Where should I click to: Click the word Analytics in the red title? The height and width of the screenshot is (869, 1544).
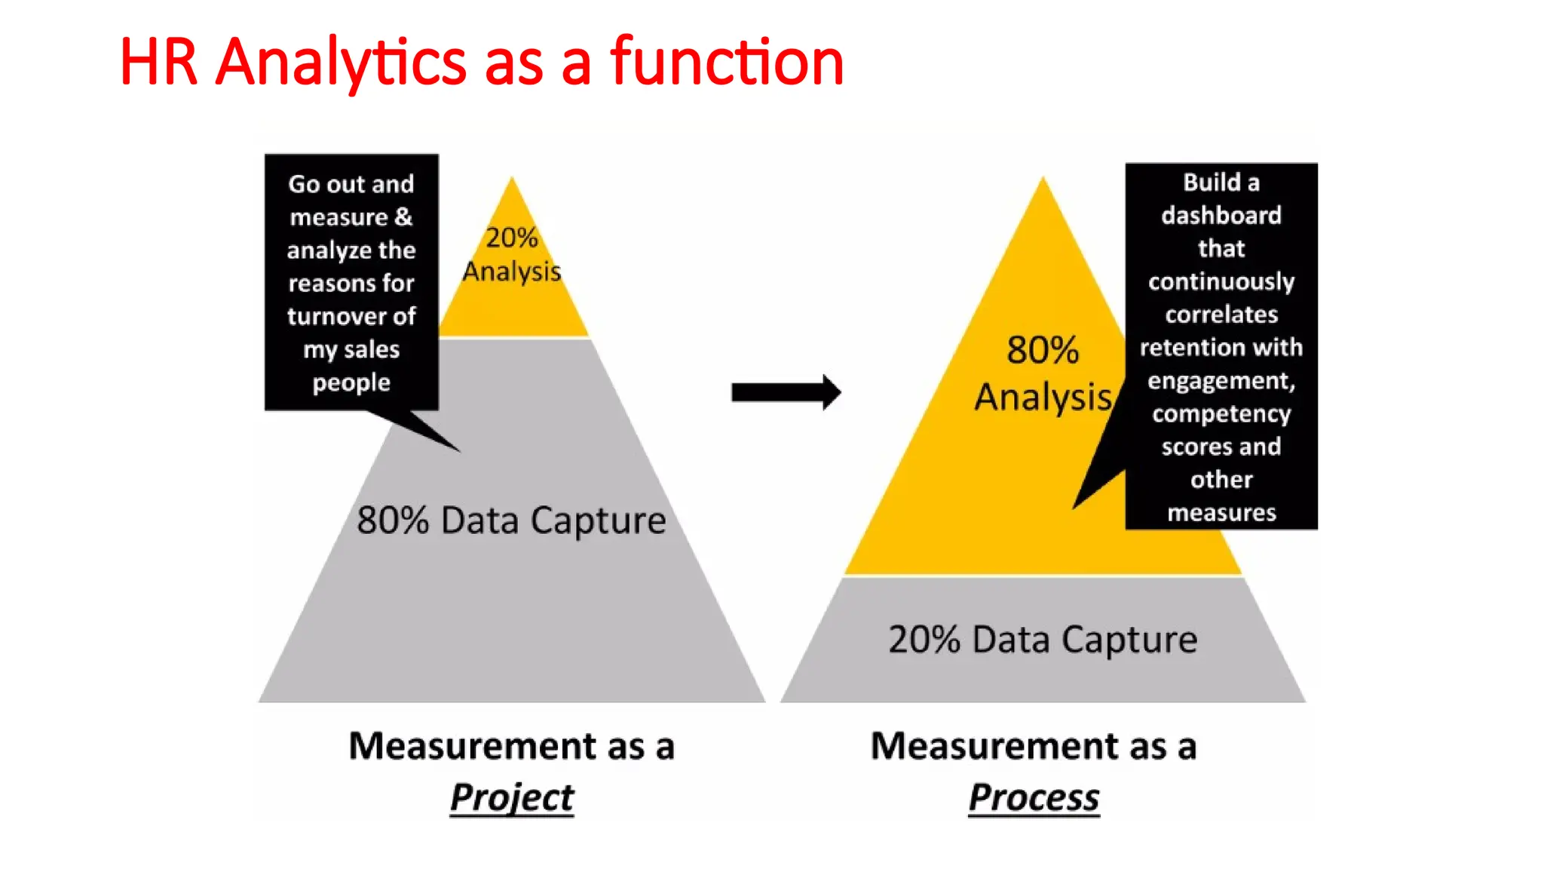tap(341, 62)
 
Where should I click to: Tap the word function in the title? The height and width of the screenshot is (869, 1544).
tap(727, 62)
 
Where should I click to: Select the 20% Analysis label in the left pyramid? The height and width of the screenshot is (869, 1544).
tap(512, 254)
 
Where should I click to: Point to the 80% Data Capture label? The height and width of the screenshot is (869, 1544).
tap(511, 520)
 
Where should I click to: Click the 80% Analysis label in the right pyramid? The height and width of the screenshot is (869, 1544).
tap(1043, 374)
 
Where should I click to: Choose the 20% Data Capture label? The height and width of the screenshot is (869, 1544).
tap(1043, 640)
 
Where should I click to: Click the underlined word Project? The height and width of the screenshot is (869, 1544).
tap(512, 797)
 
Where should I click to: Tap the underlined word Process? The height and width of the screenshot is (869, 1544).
tap(1034, 797)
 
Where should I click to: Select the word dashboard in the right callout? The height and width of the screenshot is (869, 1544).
tap(1221, 216)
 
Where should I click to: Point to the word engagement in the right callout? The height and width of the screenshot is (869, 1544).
tap(1221, 381)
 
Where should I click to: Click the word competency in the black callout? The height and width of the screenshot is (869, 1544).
tap(1221, 414)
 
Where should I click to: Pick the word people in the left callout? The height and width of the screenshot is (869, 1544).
tap(351, 382)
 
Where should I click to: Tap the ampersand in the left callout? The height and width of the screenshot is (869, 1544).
tap(404, 217)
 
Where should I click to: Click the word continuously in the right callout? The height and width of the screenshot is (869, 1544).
tap(1221, 282)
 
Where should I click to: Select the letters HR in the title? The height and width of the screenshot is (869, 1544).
tap(158, 62)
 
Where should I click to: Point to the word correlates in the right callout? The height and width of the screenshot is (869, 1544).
tap(1221, 315)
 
